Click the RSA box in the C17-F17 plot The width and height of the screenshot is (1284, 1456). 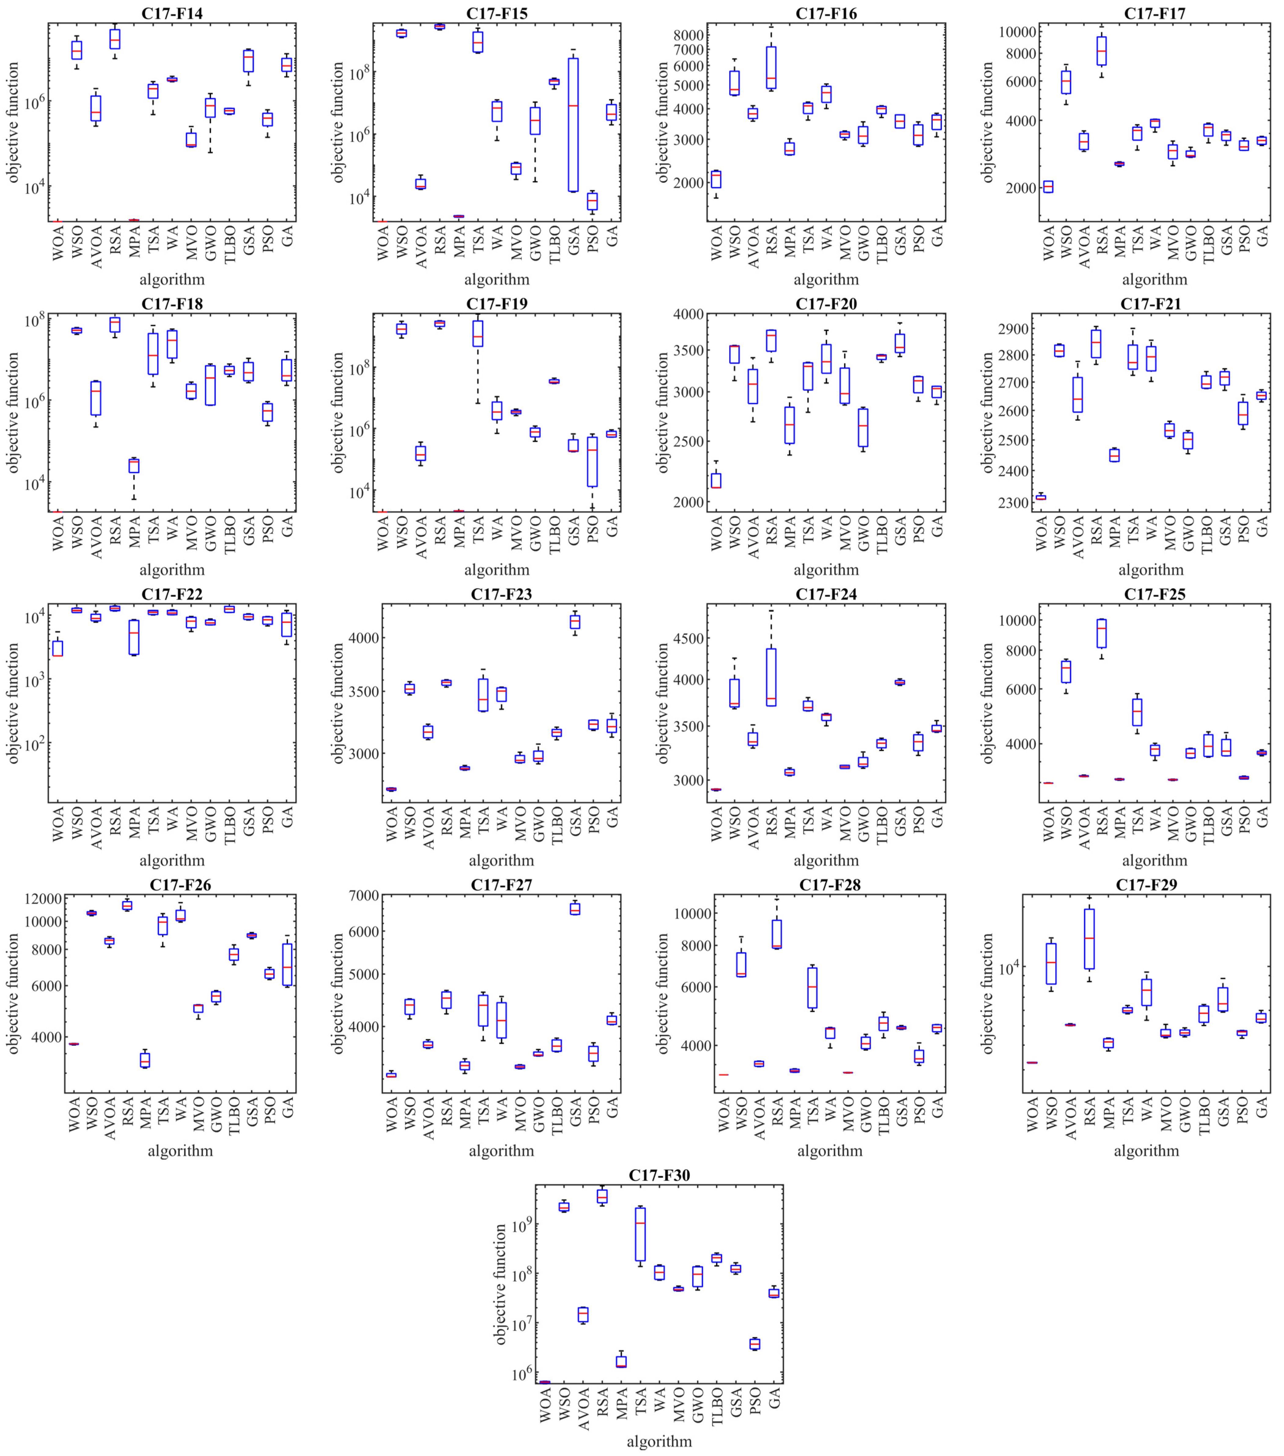tap(1101, 51)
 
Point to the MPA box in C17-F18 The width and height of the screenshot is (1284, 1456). tap(134, 466)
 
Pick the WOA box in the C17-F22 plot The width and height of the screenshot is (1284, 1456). tap(58, 648)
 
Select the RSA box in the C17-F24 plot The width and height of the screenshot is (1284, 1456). tap(771, 677)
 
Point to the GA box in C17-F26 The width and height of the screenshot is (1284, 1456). tap(287, 965)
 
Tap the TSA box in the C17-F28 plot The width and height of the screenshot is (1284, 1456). tap(812, 987)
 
